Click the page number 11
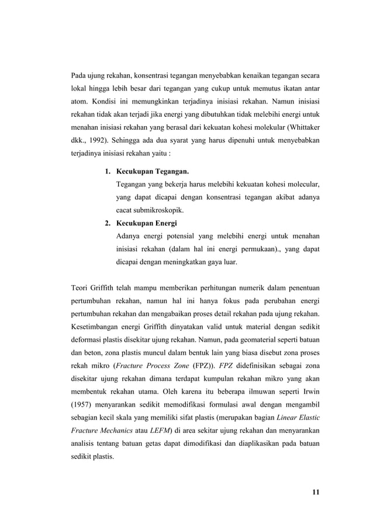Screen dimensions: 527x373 point(315,491)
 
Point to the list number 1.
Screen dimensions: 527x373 point(108,172)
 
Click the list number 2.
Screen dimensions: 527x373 point(108,223)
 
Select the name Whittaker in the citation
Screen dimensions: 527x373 point(302,126)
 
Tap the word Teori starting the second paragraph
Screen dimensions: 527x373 point(81,287)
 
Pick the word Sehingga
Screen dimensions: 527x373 point(128,141)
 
